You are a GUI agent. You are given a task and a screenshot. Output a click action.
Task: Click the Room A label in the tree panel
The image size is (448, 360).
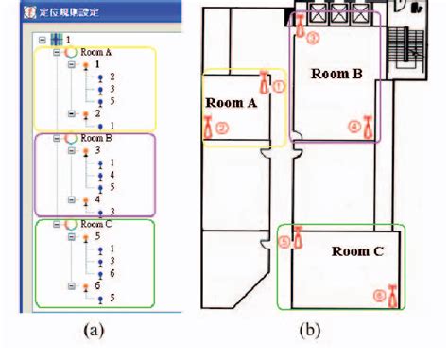pos(95,53)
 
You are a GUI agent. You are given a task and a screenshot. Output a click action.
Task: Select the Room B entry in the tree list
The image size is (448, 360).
pos(95,138)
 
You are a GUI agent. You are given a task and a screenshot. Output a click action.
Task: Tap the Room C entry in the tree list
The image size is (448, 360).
pos(95,224)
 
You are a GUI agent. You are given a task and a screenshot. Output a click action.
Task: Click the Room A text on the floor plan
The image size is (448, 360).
pos(230,105)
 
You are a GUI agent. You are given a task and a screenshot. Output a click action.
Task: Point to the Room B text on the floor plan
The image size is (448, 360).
pos(337,74)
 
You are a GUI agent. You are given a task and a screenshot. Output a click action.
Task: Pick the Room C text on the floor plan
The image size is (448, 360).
pos(357,251)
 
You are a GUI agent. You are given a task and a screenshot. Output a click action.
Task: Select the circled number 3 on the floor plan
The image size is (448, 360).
pos(314,37)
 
